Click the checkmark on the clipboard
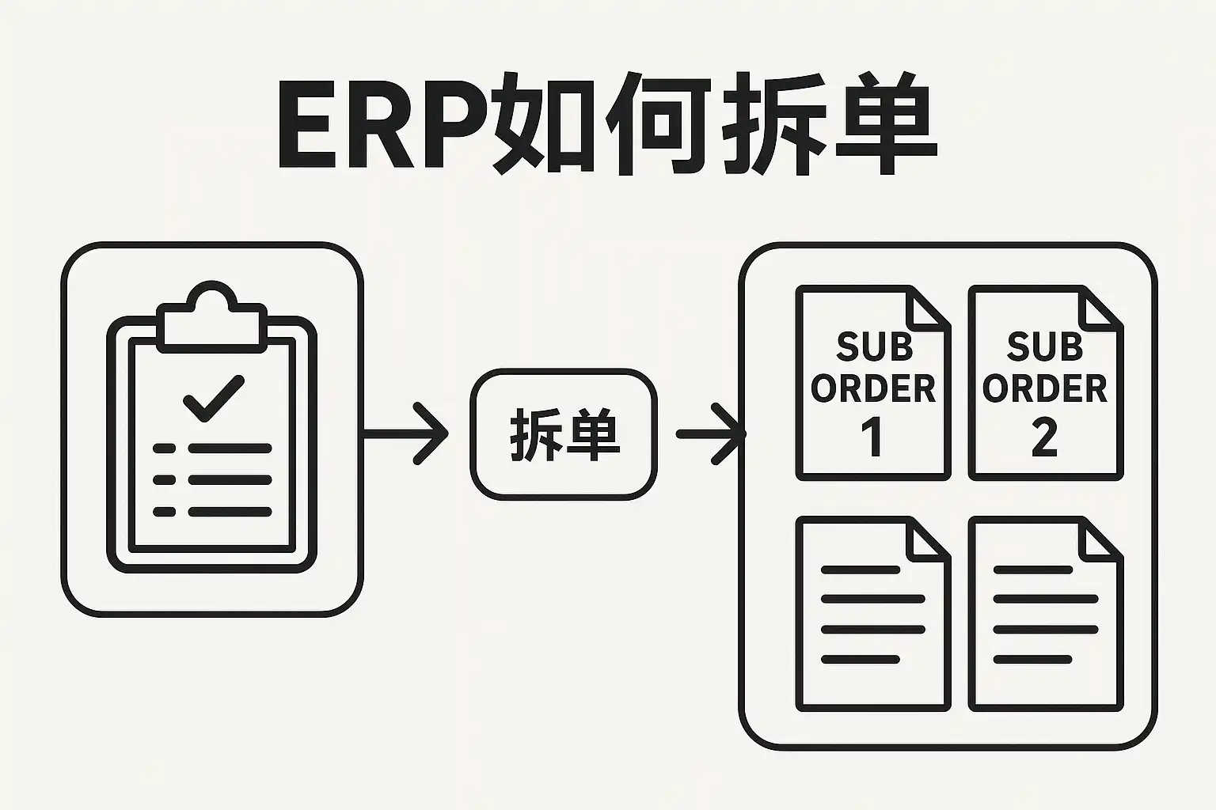(x=214, y=398)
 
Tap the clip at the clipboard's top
(x=211, y=316)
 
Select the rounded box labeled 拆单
(x=564, y=434)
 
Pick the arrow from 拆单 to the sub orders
(x=711, y=433)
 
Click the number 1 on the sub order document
(x=872, y=437)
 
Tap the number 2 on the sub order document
(x=1044, y=437)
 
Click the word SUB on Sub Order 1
(x=874, y=347)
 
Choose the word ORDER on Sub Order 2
(x=1044, y=388)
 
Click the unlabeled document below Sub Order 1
(x=872, y=614)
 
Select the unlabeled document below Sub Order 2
(x=1045, y=614)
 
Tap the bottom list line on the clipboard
(x=230, y=512)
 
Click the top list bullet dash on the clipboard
(x=164, y=449)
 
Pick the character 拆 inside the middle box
(x=532, y=434)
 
